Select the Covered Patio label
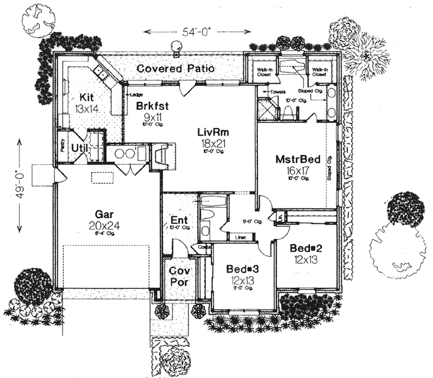(176, 69)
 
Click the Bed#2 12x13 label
(305, 253)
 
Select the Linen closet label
(241, 238)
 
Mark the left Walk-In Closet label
(265, 73)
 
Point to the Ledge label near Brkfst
(136, 94)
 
